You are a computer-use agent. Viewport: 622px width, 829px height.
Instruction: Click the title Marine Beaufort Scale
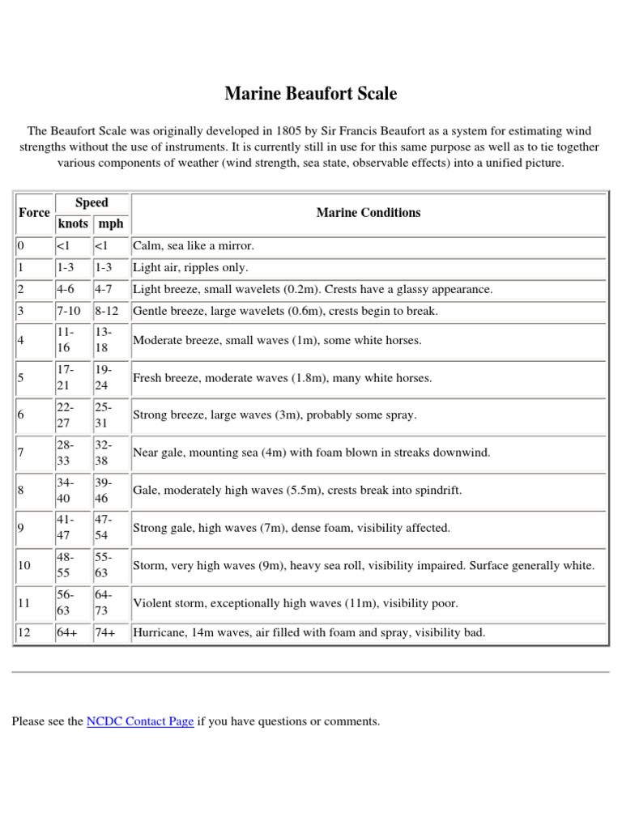tap(311, 94)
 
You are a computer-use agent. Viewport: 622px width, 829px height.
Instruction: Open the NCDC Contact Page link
tap(139, 721)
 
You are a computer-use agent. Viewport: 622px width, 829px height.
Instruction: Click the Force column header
tap(33, 213)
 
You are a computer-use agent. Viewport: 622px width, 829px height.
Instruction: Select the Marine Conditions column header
tap(369, 213)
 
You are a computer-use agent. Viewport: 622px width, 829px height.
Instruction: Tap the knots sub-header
tap(72, 223)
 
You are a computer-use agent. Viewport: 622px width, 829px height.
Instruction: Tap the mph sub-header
tap(110, 223)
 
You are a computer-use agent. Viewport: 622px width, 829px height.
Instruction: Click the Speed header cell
tap(92, 202)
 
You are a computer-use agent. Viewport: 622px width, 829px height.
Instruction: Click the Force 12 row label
tap(24, 633)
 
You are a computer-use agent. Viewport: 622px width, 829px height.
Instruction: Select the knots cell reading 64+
tap(66, 633)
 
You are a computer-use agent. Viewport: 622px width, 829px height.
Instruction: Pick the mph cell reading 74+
tap(106, 633)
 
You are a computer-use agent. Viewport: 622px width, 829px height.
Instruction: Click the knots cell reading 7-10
tap(70, 312)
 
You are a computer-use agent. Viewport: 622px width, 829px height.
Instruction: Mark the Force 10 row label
tap(24, 566)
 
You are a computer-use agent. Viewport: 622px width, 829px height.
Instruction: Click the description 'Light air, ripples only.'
tap(190, 268)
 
